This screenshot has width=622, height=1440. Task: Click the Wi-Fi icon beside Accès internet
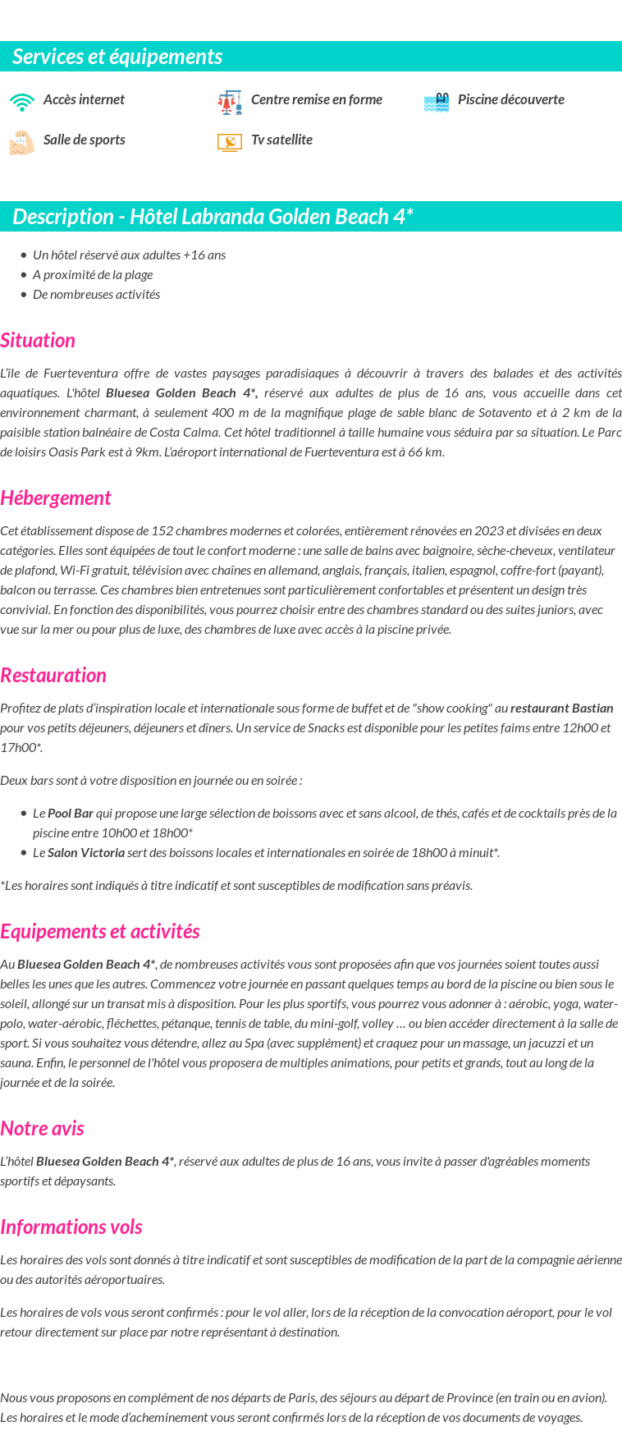point(22,102)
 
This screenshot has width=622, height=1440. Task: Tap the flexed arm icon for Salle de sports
point(22,142)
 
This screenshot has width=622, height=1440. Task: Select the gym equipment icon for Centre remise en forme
point(230,102)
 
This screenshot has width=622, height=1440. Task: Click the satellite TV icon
point(230,142)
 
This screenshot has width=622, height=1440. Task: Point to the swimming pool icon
point(437,102)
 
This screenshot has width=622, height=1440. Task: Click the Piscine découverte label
point(510,99)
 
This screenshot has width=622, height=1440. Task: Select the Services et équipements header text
point(117,57)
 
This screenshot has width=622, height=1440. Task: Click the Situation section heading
point(38,341)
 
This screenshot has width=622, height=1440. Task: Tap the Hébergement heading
point(56,498)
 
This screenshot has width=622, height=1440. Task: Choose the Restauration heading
point(53,676)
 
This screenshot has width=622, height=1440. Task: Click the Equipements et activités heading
point(100,932)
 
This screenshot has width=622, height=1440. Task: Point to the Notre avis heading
point(43,1129)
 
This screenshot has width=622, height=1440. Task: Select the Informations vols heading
point(71,1227)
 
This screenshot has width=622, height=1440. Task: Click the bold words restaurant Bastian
point(561,708)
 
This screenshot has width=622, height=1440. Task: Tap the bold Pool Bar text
point(71,813)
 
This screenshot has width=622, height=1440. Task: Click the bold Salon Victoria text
point(86,852)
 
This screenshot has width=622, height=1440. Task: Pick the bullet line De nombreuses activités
point(96,294)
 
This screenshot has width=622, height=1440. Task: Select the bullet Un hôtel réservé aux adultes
point(129,255)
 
